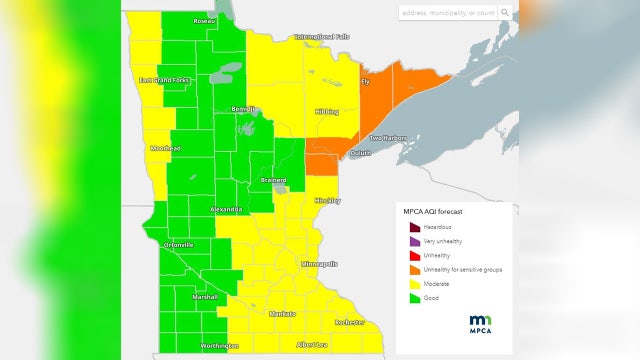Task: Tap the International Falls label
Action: tap(322, 37)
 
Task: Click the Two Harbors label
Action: tap(389, 138)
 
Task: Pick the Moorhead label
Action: tap(165, 148)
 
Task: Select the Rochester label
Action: tap(349, 322)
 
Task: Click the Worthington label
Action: tap(219, 346)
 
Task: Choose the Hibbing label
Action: tap(327, 112)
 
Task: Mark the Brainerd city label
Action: tap(274, 180)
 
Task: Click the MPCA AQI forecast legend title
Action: tap(433, 212)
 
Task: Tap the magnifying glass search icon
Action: tap(506, 12)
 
